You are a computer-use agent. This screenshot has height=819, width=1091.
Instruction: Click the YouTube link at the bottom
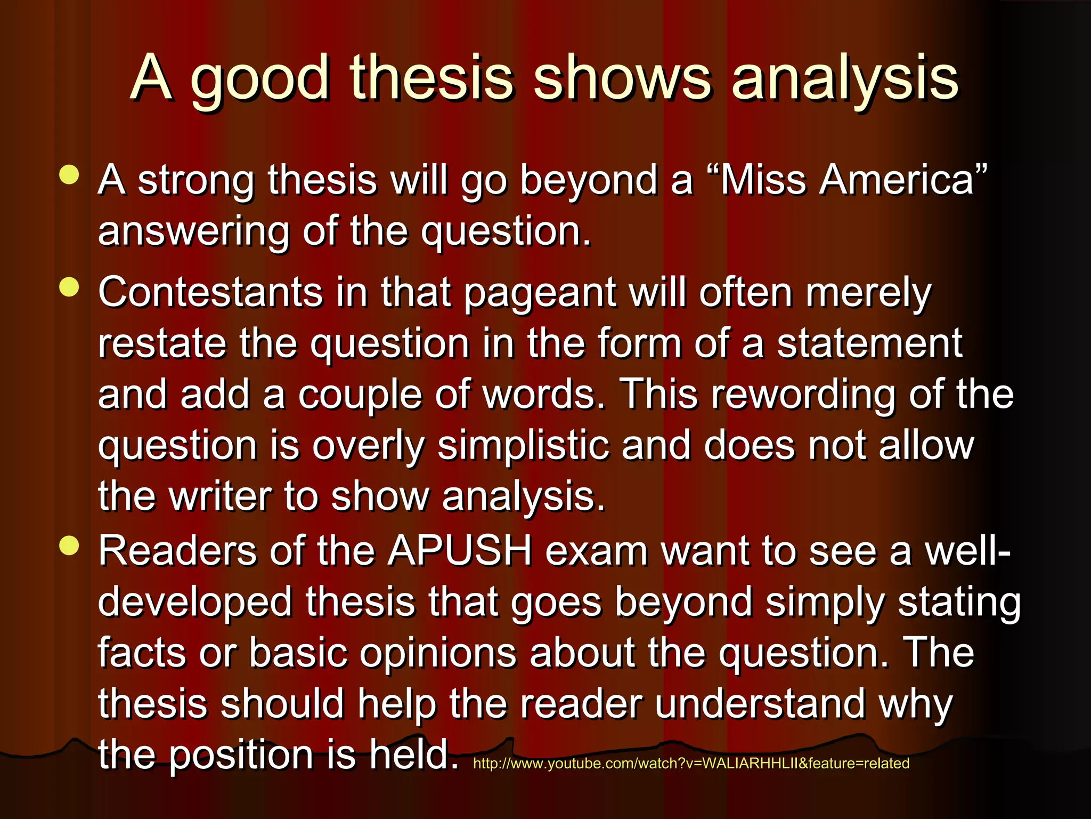tap(691, 764)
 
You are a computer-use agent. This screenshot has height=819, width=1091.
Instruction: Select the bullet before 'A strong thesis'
tap(70, 175)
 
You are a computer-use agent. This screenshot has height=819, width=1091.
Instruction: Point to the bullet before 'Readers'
tap(70, 545)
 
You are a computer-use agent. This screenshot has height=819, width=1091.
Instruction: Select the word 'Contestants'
tap(210, 293)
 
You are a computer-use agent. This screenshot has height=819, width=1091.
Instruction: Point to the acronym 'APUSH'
tap(460, 551)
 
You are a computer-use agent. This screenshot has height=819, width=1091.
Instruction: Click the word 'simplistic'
tap(523, 446)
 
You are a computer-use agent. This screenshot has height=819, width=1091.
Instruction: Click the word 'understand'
tap(760, 704)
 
